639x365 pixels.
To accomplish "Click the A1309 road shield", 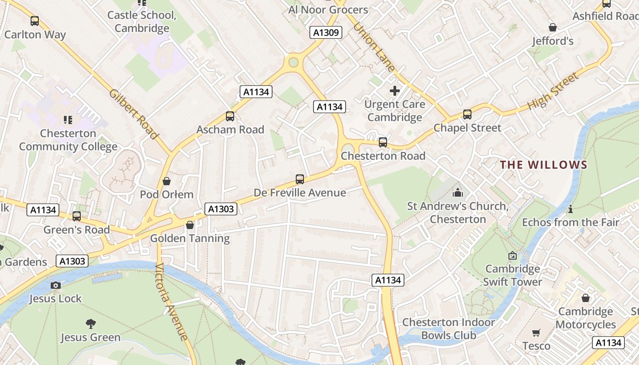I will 326,32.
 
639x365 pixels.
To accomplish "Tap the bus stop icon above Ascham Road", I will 230,116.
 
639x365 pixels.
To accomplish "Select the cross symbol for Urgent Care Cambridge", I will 395,91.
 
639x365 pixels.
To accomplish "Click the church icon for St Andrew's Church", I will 457,193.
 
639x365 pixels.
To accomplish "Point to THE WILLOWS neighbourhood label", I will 544,165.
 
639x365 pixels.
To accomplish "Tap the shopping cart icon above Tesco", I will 536,333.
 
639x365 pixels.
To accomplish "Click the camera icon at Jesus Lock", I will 56,285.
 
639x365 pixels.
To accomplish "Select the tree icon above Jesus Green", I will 91,324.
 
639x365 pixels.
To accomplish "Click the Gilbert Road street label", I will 133,114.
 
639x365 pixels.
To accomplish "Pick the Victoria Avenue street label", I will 171,302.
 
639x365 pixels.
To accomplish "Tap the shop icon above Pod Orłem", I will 167,181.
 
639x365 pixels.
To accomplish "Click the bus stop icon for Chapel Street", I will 467,115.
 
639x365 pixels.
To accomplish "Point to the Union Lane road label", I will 374,47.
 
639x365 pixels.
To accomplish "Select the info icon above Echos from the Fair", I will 570,209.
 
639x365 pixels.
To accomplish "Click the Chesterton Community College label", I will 68,140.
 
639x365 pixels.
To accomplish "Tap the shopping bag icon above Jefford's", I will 553,28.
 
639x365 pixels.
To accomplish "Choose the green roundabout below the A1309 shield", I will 293,62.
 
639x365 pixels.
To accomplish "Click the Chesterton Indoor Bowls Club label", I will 448,329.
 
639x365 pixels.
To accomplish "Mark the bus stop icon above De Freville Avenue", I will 300,179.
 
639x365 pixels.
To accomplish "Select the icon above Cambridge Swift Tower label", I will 513,256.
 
